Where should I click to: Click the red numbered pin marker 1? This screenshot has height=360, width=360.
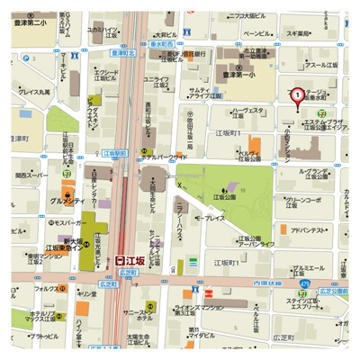pos(297,94)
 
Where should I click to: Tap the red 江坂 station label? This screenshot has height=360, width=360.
pos(133,258)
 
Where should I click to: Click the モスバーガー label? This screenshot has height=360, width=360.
pos(42,220)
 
